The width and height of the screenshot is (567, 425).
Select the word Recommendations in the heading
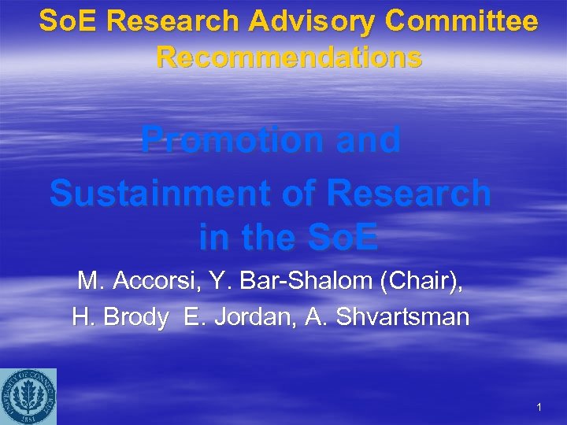pos(289,57)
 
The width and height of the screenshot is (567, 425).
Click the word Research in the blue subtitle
pos(410,192)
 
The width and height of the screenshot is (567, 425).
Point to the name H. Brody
pos(120,318)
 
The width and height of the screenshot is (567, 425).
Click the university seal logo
pos(28,395)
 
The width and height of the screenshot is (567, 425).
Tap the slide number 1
pos(539,408)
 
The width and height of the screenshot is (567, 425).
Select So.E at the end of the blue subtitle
pos(342,238)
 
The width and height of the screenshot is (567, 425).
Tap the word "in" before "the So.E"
pos(213,238)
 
